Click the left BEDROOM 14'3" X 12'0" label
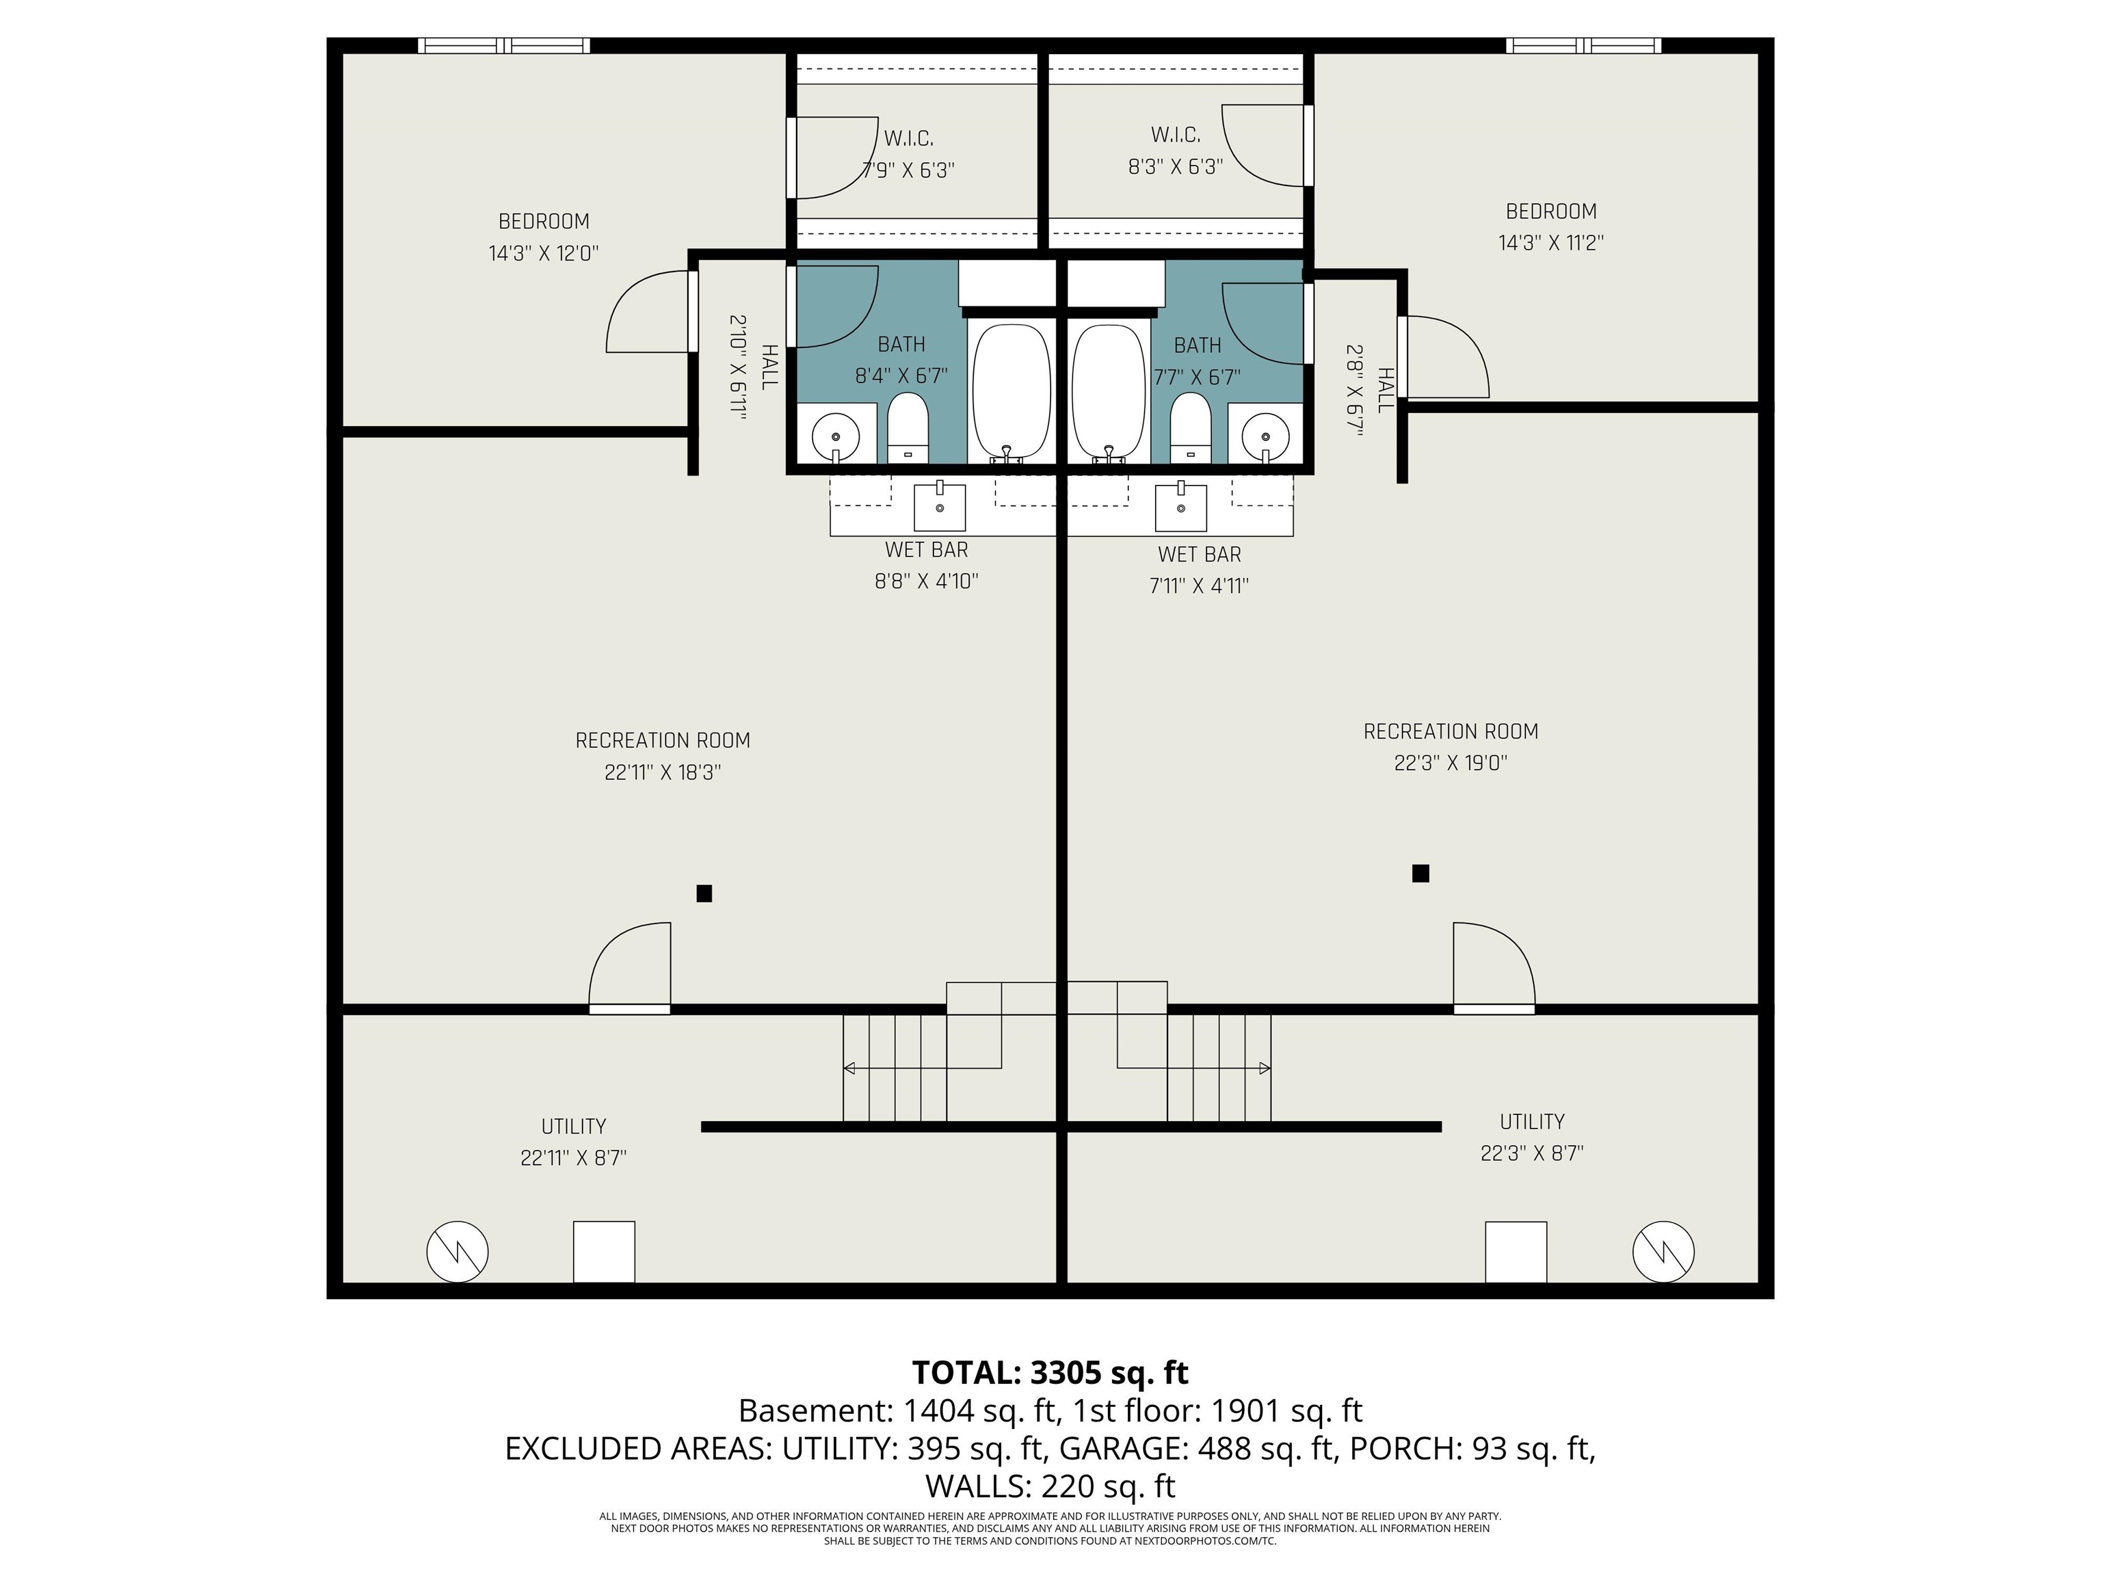click(x=543, y=237)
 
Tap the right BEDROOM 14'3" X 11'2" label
click(x=1550, y=227)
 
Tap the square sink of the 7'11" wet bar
click(x=1180, y=508)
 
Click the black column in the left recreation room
click(x=704, y=893)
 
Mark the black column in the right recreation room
click(x=1420, y=873)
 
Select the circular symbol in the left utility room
click(x=457, y=1252)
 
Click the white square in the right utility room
click(x=1516, y=1252)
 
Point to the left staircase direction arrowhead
click(x=849, y=1068)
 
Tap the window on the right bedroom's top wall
click(x=1583, y=46)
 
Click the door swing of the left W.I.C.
click(x=836, y=157)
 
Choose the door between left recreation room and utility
click(x=630, y=1009)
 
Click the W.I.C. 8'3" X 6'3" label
click(x=1175, y=150)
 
